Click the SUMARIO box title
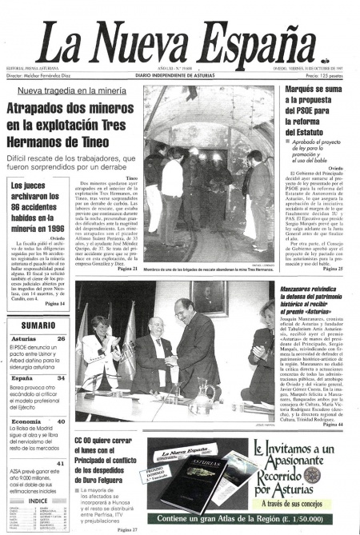[38, 325]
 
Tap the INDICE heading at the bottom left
[38, 501]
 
